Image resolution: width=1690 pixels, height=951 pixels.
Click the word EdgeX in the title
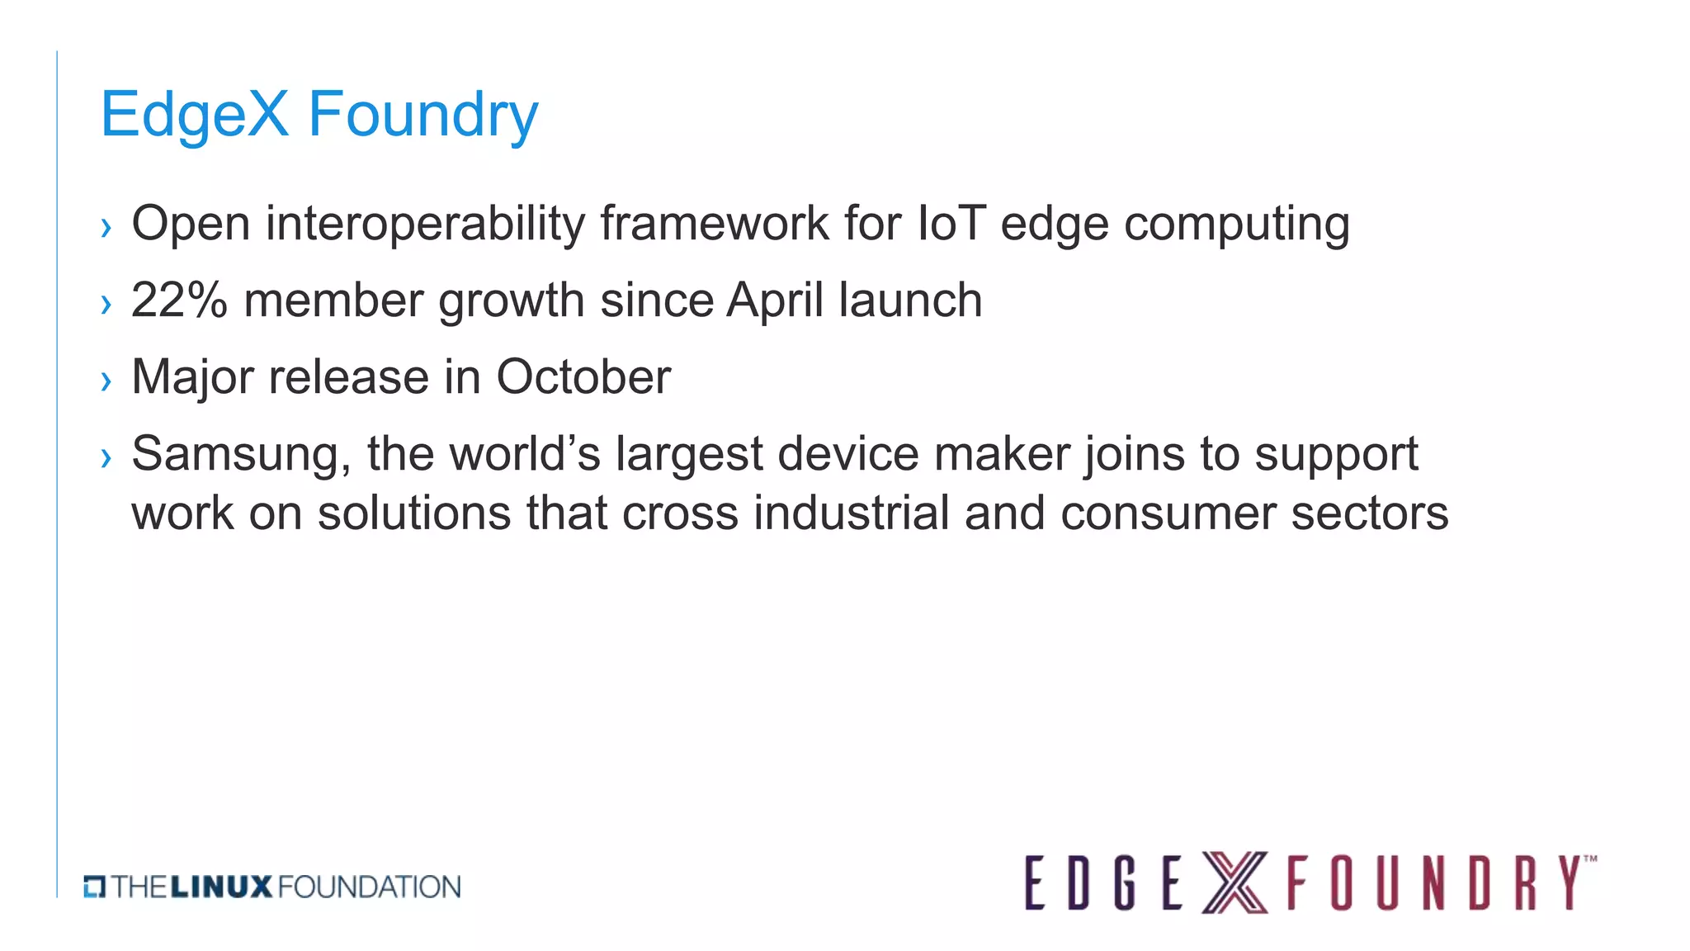tap(195, 115)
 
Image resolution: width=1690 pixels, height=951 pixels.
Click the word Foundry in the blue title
tap(422, 115)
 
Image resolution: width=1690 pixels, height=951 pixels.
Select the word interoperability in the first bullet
tap(425, 224)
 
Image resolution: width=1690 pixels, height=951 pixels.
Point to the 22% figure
tap(178, 300)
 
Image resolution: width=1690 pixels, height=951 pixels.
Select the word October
tap(583, 377)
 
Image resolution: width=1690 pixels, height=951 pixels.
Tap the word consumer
tap(1168, 513)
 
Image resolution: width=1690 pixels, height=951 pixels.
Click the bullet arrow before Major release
tap(106, 381)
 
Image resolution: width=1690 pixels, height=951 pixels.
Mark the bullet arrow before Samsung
tap(106, 457)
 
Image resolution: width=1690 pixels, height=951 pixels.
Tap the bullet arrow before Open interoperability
tap(106, 227)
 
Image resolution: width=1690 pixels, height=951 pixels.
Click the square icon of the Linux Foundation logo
tap(94, 887)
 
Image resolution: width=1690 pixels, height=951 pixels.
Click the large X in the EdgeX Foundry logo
tap(1234, 883)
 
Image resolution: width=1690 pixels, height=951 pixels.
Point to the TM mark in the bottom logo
tap(1590, 859)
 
